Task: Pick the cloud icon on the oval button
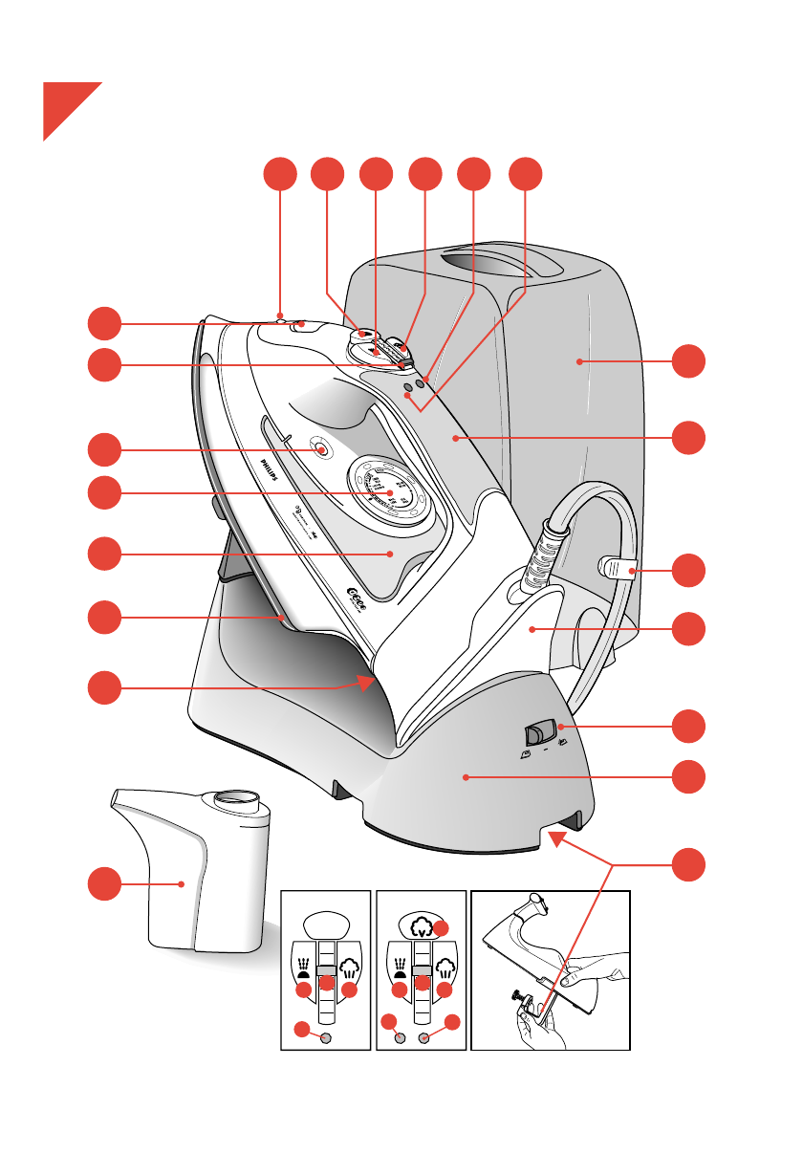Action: point(422,925)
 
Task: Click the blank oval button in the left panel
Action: point(326,925)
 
